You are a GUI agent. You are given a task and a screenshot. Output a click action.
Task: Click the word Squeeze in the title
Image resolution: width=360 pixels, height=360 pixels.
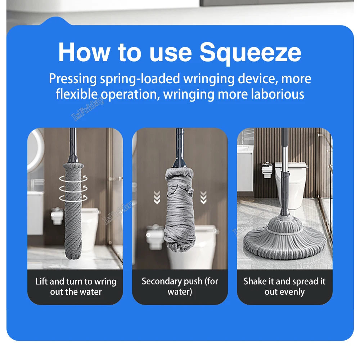pos(250,52)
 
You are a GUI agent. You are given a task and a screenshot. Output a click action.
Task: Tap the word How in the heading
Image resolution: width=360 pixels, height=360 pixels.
pos(84,52)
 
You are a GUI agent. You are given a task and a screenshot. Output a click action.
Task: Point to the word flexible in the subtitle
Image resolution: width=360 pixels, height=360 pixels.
pos(77,94)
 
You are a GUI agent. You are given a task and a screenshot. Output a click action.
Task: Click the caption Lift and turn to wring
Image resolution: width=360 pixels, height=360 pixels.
pos(76,282)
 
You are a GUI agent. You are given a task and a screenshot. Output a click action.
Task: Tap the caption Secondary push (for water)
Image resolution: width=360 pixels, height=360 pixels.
pos(180,286)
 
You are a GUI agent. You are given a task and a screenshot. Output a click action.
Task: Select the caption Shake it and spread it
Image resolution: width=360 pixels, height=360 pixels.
pos(284,282)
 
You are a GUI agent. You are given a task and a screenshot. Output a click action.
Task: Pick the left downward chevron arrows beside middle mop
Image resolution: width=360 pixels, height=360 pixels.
pos(157,197)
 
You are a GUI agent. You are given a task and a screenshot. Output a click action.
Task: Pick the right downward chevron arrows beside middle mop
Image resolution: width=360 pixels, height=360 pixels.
pos(203,197)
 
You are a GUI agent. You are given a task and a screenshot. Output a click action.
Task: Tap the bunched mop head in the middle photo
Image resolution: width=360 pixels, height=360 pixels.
pos(180,209)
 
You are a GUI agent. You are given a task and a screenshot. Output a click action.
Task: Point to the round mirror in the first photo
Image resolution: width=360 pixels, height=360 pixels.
pos(34,151)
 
